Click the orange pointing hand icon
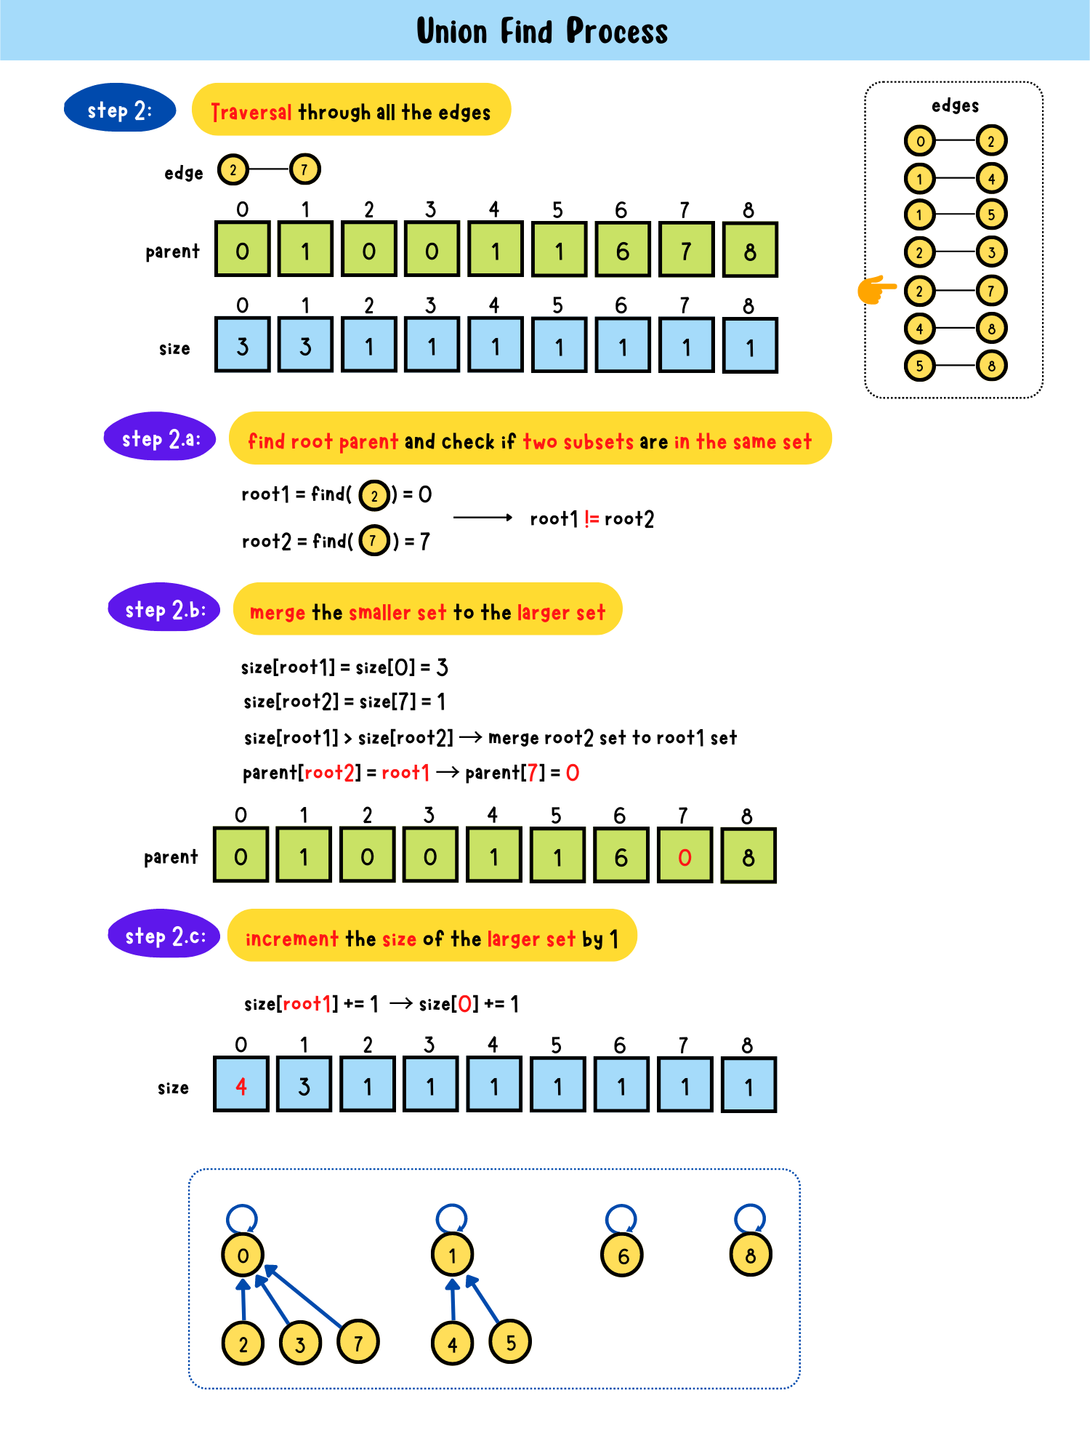pos(875,289)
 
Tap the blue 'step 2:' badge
pos(120,109)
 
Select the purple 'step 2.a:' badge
pos(160,438)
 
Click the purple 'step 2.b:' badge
pos(164,608)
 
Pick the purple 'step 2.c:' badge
pos(164,935)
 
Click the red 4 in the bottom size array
pos(241,1085)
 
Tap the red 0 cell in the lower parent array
pos(685,856)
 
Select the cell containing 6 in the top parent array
pos(622,251)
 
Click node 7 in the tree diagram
pos(358,1342)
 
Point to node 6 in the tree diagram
pos(623,1256)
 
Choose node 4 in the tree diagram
pos(452,1343)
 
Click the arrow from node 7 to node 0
pos(305,1297)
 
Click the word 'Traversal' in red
pos(251,112)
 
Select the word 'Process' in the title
pos(616,31)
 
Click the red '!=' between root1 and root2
pos(592,518)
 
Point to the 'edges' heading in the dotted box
pos(955,106)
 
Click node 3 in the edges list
pos(991,252)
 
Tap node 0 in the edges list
pos(920,141)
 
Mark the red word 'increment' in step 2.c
pos(292,939)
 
